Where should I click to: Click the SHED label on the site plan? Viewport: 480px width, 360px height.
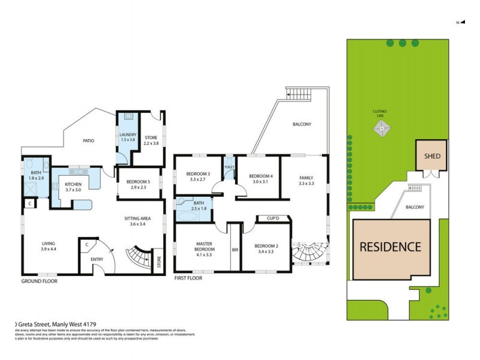tap(433, 156)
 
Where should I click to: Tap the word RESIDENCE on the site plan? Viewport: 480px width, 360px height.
tap(391, 246)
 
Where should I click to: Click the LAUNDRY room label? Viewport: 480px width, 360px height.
tap(128, 137)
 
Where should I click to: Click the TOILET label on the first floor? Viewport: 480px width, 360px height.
tap(229, 167)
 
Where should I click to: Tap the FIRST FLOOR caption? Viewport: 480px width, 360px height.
tap(188, 278)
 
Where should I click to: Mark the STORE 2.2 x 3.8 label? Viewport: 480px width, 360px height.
tap(151, 140)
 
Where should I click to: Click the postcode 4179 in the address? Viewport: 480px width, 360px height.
tap(99, 325)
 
